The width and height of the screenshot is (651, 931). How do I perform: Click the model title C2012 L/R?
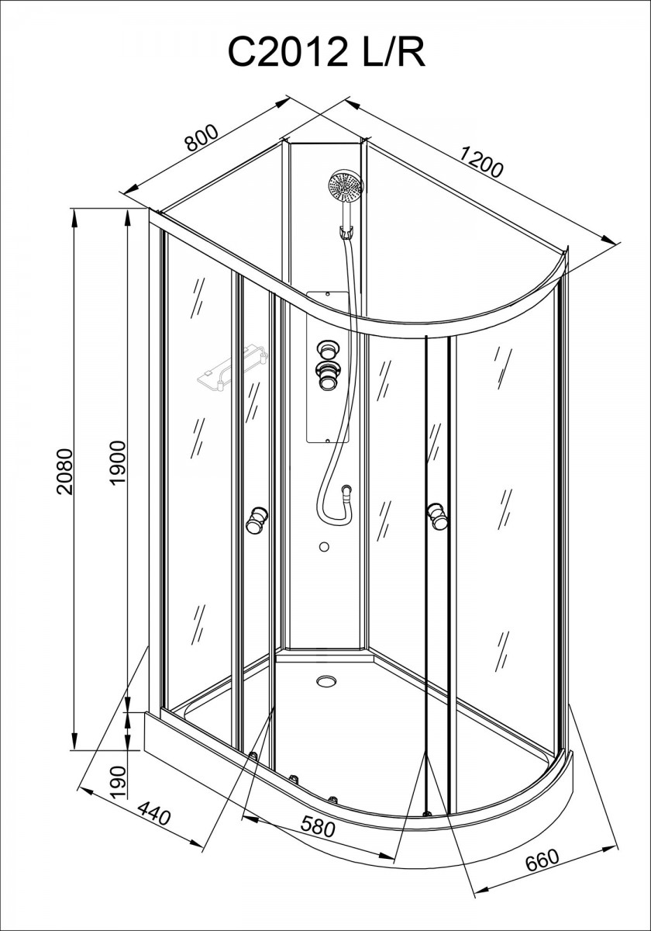[326, 51]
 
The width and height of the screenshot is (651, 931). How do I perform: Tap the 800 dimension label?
[201, 138]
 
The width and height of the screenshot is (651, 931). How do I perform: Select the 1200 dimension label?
[481, 164]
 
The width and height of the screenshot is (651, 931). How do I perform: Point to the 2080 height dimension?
[64, 472]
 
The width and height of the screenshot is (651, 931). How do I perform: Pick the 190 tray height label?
[118, 781]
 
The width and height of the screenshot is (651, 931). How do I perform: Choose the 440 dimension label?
[154, 812]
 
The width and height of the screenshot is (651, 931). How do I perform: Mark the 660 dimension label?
[542, 859]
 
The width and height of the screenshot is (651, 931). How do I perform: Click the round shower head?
[346, 187]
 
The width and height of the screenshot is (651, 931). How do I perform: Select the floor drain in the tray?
[327, 681]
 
